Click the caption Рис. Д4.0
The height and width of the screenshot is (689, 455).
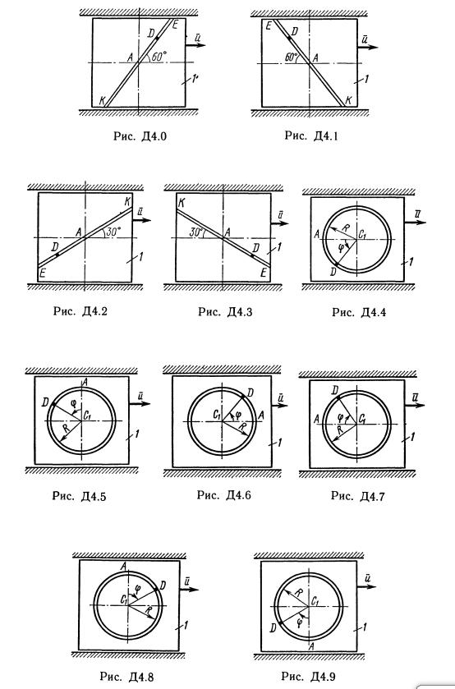(x=140, y=136)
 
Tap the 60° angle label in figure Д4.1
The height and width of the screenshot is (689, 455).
(x=291, y=57)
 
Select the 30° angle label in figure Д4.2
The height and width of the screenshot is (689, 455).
(x=113, y=232)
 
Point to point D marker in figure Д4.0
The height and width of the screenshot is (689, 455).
(x=157, y=39)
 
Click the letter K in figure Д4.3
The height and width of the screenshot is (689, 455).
(x=180, y=203)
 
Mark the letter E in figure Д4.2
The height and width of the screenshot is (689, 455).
(x=43, y=273)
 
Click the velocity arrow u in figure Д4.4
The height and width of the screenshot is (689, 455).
(x=415, y=223)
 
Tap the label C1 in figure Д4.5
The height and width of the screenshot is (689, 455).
(x=88, y=415)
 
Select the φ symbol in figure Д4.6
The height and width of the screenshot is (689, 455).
(x=238, y=414)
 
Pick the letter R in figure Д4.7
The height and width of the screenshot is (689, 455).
(x=339, y=429)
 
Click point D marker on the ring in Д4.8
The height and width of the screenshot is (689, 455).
(x=155, y=587)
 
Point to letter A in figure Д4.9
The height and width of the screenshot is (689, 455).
(x=311, y=646)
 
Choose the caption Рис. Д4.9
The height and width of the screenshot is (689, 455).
(x=308, y=676)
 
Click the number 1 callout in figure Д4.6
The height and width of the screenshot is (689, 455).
(x=279, y=443)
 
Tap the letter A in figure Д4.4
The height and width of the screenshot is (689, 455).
(x=317, y=234)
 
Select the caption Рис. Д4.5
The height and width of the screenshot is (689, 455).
(x=79, y=496)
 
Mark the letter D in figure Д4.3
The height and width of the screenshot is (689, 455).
(x=256, y=247)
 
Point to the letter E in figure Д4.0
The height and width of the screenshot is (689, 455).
(x=175, y=25)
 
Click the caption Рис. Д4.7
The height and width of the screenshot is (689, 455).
(x=358, y=496)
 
